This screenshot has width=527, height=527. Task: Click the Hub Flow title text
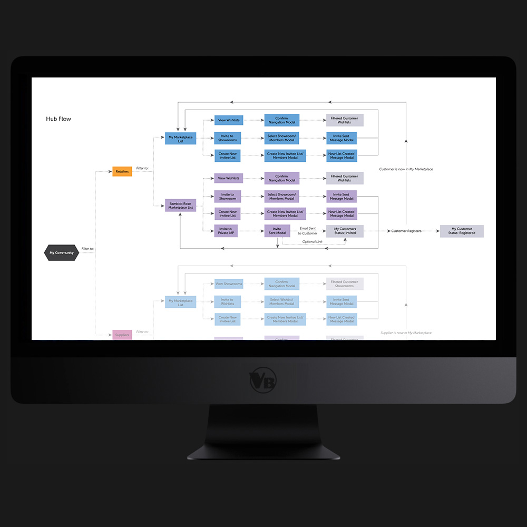point(58,119)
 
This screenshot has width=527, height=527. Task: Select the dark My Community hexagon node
point(62,253)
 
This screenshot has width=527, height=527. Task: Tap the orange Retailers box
point(122,171)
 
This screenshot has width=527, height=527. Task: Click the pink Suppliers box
point(122,335)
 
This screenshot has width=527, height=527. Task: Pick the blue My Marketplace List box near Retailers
point(180,139)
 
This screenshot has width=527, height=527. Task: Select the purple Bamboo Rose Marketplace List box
point(181,206)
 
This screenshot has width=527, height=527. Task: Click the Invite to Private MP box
point(226,231)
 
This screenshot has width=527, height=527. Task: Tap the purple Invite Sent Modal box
point(277,231)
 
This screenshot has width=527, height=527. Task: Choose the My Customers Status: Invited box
point(345,231)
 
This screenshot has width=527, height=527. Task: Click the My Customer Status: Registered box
point(462,231)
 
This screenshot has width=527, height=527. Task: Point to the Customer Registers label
point(406,231)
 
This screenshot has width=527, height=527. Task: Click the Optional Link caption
point(313,241)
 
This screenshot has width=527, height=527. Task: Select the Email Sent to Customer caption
point(308,231)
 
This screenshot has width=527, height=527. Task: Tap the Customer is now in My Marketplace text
point(406,169)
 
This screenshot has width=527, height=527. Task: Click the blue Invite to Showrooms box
point(227,138)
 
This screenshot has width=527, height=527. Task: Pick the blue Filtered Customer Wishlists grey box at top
point(344,120)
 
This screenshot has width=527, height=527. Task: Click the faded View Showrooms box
point(229,284)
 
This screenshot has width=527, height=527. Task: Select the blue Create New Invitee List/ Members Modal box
point(285,156)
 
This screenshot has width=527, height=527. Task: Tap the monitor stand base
point(263,451)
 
